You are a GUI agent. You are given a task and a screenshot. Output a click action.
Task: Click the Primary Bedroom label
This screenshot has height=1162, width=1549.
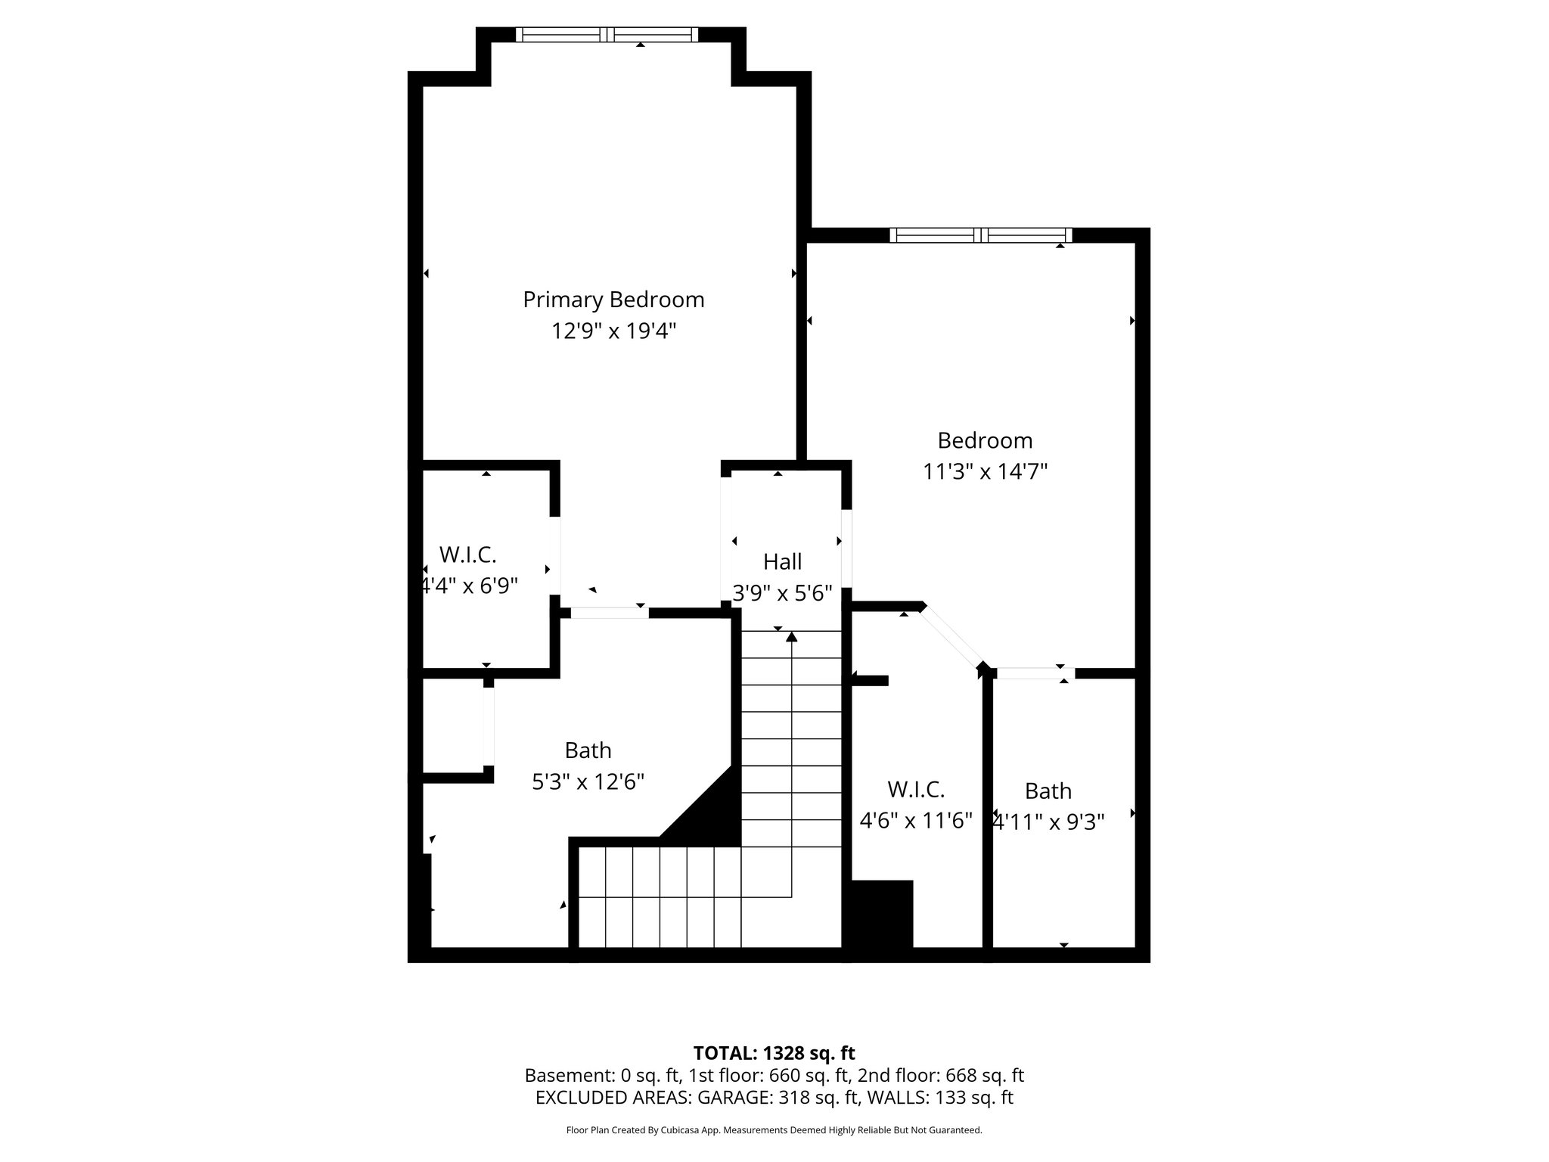(x=613, y=300)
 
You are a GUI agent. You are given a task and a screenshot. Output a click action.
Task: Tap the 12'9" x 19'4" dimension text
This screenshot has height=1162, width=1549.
(x=613, y=331)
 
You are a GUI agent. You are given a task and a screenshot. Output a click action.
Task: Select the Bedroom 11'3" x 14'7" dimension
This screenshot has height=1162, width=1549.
(x=985, y=472)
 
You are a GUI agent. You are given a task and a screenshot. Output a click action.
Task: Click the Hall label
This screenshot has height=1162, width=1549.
(x=782, y=561)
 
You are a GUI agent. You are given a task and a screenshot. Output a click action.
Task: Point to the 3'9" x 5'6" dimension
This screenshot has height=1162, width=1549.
(x=782, y=592)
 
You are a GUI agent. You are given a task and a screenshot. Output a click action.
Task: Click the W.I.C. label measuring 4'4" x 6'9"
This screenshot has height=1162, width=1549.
(x=467, y=555)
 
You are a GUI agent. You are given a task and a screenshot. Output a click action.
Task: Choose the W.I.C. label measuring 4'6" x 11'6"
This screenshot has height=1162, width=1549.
(x=916, y=789)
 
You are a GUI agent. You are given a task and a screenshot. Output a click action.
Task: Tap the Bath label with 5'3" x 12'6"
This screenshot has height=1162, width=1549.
(x=588, y=750)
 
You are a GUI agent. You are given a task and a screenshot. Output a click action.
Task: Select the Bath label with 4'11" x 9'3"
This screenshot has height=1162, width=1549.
(x=1048, y=791)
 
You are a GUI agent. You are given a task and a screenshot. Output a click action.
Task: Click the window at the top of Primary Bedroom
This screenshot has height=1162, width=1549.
(x=607, y=34)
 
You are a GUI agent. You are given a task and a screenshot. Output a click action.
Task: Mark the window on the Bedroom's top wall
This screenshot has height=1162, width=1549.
(x=980, y=235)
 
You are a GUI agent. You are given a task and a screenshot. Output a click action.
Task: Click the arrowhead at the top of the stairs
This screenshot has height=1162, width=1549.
(x=791, y=637)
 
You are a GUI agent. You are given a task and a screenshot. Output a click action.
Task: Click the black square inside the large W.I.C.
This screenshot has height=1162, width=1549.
(x=882, y=913)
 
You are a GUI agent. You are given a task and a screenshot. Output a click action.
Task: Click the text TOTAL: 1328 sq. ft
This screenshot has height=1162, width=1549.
(x=774, y=1052)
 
